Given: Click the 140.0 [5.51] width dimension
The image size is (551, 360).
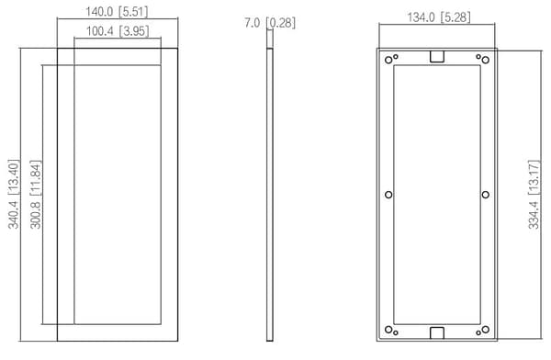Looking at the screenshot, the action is [x=117, y=12].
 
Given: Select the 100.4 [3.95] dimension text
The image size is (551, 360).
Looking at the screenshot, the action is [x=118, y=31].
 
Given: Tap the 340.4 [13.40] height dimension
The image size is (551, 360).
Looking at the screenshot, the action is [x=14, y=194].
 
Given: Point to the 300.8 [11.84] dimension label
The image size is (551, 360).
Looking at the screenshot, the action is [x=36, y=195].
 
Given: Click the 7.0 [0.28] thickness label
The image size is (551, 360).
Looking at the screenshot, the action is [x=270, y=23].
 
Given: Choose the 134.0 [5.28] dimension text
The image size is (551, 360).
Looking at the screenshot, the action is [x=439, y=17].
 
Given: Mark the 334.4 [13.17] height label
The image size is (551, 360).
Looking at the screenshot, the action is [x=534, y=195].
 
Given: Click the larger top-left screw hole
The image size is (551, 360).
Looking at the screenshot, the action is [x=388, y=60].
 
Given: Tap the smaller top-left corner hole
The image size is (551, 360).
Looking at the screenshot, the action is [x=395, y=57].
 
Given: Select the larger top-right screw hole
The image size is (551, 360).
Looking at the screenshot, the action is [x=485, y=60].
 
